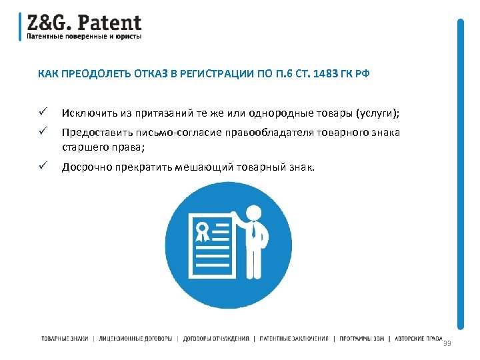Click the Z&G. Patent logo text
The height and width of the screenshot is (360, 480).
pyautogui.click(x=84, y=22)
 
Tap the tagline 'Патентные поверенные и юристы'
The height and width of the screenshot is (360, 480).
pyautogui.click(x=84, y=37)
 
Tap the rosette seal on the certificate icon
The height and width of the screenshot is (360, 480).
pyautogui.click(x=201, y=232)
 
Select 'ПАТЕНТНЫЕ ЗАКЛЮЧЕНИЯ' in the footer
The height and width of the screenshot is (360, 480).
pyautogui.click(x=294, y=339)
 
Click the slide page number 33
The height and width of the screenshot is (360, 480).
pyautogui.click(x=447, y=343)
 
